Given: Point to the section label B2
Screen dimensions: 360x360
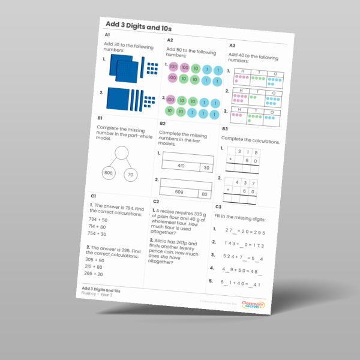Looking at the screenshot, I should click(x=163, y=123).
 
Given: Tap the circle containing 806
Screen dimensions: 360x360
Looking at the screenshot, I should click(x=109, y=172).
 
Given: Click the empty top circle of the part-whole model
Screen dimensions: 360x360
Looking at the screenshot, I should click(x=122, y=152).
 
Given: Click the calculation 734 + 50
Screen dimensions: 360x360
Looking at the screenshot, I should click(x=98, y=220).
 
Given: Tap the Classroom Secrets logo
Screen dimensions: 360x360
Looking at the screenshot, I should click(x=251, y=305).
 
